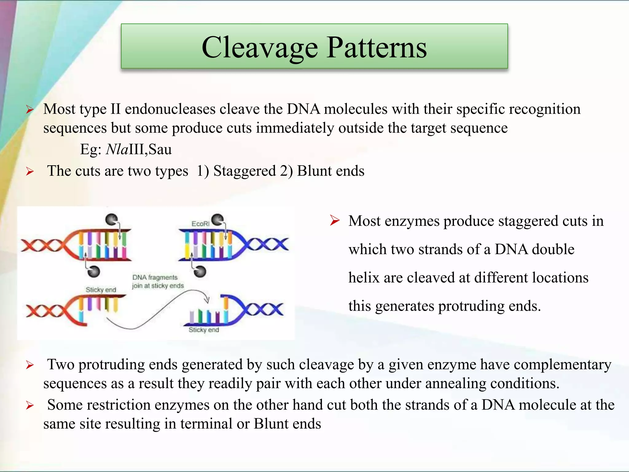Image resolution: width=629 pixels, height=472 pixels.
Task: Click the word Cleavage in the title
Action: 260,48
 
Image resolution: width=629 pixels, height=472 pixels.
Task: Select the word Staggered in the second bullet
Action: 244,171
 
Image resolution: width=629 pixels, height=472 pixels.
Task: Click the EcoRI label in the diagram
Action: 200,224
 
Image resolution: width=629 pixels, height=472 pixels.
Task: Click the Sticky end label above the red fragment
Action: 101,290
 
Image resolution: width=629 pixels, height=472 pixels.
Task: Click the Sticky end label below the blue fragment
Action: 204,330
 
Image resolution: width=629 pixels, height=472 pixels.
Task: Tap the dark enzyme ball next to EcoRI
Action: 218,220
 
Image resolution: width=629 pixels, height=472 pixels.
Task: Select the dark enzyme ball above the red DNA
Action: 111,219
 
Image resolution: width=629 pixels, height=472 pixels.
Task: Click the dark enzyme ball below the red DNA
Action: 94,271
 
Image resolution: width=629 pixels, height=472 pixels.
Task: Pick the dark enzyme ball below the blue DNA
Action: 200,271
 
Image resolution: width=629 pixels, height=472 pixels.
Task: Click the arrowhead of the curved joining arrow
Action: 207,299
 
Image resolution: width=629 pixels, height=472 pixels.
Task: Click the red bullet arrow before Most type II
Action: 29,109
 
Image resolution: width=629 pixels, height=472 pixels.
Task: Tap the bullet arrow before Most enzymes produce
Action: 334,220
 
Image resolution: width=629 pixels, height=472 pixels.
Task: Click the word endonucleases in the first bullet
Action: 170,109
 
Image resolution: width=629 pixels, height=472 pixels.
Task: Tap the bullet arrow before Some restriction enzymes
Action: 29,405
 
